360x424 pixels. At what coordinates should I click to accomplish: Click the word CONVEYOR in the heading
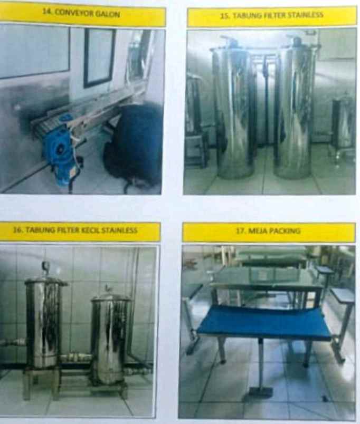[78, 14]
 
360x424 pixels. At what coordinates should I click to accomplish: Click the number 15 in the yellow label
[223, 16]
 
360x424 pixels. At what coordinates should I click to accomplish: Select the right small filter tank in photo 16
[110, 338]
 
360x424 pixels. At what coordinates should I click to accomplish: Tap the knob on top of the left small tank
[45, 267]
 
